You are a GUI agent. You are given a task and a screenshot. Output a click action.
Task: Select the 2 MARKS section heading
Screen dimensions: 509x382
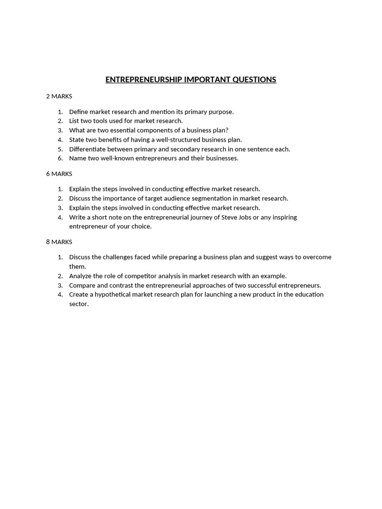point(59,96)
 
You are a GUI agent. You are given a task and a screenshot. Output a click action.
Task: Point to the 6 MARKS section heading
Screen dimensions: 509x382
point(59,174)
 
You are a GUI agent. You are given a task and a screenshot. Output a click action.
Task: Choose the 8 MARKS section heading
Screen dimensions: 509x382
point(59,242)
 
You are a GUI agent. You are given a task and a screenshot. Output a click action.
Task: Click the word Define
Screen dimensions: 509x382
point(79,112)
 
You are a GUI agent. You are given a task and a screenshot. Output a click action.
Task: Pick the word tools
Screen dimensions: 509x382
point(101,121)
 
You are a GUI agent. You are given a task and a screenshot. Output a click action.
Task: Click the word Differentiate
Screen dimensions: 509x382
point(88,149)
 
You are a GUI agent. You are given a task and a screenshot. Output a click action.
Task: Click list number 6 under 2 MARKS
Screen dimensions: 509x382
point(60,159)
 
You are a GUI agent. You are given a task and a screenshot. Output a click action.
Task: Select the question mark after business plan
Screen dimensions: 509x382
point(227,130)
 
